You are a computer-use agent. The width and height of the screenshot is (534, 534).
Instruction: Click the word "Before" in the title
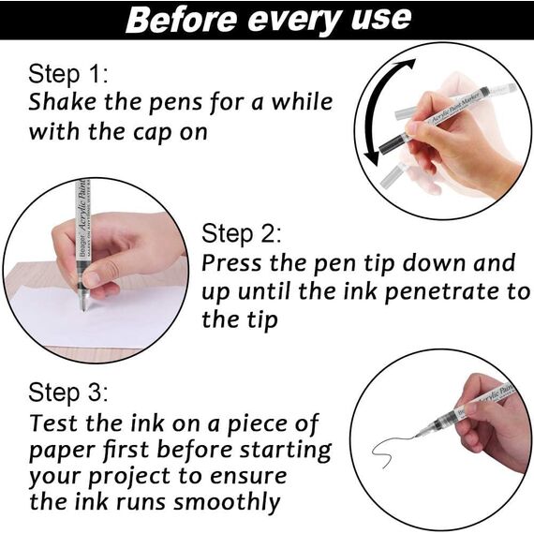182,19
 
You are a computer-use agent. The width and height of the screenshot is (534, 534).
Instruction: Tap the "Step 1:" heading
68,74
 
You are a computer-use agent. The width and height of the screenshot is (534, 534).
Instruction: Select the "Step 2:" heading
242,233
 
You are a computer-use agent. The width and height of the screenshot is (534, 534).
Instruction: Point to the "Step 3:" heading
68,393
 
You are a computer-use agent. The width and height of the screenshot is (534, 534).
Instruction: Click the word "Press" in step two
232,263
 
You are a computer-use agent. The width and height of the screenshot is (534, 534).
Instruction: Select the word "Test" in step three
54,423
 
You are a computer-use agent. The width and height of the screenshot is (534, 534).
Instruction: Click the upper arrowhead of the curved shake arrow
407,64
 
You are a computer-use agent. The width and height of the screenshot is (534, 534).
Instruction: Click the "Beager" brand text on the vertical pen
82,245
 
